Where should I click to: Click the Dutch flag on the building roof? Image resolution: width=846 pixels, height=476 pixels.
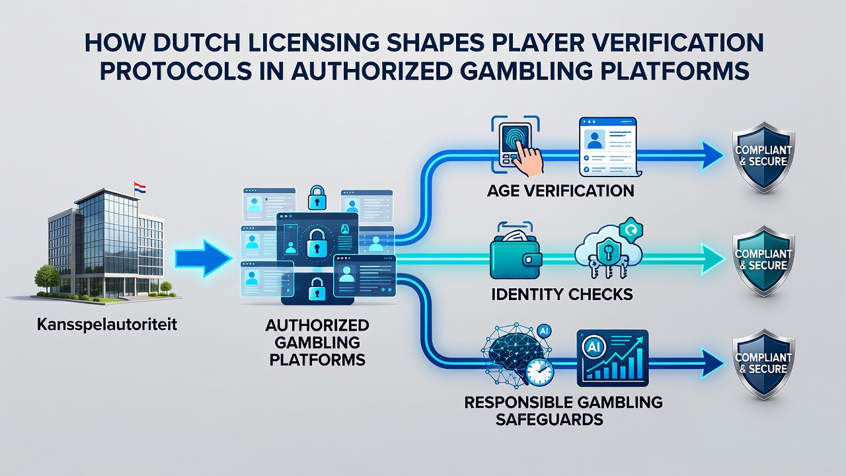point(139,188)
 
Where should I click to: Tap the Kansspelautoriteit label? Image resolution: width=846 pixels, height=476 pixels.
point(107,325)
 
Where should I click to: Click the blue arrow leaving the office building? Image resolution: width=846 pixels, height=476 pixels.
point(204,258)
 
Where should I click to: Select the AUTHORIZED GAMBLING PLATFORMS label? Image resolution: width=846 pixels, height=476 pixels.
point(317,342)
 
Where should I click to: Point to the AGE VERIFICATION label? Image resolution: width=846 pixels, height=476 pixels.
point(560,191)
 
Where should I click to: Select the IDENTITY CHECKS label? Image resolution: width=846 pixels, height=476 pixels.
point(562,294)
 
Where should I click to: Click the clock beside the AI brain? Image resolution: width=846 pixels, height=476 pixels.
point(539,372)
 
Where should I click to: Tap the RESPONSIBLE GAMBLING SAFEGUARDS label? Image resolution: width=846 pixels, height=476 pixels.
point(563,411)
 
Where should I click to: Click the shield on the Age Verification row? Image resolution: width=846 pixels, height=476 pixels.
point(763,157)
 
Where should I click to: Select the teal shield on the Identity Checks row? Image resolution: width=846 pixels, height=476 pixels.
point(763,260)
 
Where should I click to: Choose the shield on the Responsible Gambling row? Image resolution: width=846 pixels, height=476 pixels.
point(763,364)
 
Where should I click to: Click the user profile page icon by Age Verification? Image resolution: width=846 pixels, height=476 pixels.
point(609,147)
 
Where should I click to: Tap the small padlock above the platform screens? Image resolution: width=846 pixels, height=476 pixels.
point(317,197)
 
